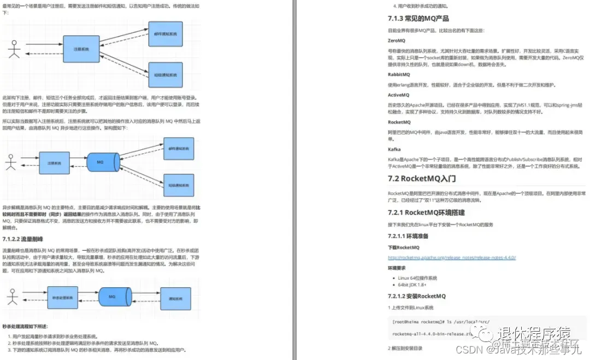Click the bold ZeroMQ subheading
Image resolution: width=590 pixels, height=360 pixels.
tap(397, 40)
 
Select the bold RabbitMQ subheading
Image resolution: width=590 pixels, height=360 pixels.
tap(399, 74)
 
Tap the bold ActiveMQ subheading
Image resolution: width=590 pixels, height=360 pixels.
tap(399, 95)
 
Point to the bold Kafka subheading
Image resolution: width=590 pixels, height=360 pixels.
tap(394, 149)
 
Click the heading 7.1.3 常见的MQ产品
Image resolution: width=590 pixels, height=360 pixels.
tap(418, 19)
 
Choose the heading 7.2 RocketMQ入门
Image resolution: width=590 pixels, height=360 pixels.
tap(422, 178)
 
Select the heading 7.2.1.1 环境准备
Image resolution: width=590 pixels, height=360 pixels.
tap(408, 236)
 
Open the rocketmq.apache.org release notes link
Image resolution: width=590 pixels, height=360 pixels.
tap(452, 257)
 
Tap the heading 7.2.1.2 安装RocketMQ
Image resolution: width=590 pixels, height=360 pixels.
tap(417, 296)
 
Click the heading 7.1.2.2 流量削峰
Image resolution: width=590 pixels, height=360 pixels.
tap(23, 239)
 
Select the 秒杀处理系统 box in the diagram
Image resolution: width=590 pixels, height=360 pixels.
tap(63, 298)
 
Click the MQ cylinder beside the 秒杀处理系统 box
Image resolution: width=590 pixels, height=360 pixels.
tap(112, 297)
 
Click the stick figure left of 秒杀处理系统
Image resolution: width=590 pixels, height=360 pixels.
tap(12, 297)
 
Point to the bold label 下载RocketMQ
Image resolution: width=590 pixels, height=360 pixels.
tap(404, 247)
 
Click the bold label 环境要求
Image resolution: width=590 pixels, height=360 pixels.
tap(397, 268)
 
